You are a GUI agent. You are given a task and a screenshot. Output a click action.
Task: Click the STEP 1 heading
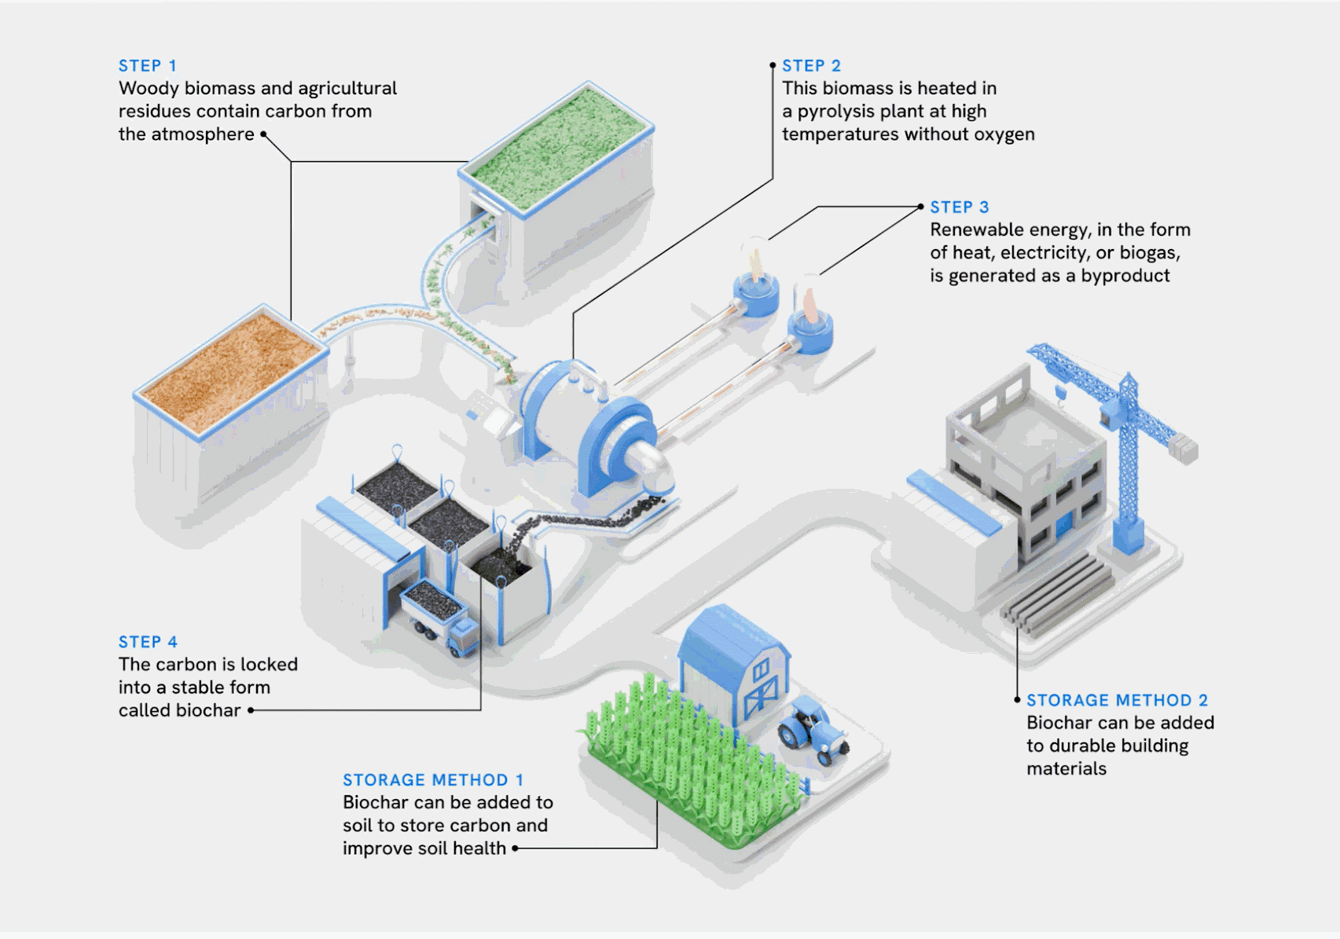coord(148,66)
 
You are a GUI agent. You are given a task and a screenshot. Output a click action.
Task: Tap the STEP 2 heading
coord(811,66)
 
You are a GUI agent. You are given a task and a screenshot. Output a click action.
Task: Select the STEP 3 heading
coord(959,207)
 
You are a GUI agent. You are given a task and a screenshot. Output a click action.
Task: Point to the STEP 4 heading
coord(148,642)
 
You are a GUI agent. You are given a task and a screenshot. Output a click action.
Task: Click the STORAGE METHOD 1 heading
coord(433,780)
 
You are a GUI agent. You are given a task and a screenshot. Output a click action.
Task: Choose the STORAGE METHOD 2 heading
coord(1117,700)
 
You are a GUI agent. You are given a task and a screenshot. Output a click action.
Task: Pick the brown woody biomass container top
coord(230,369)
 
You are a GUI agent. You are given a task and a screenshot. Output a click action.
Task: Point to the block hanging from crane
coord(1182,449)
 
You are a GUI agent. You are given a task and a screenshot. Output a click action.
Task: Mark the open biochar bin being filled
coord(501,566)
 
